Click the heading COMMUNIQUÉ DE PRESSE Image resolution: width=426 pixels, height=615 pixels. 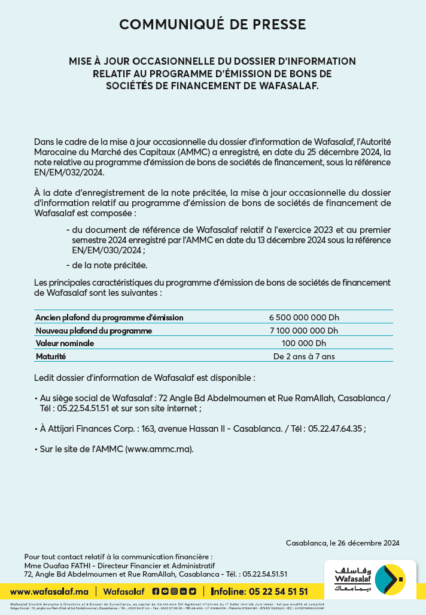point(212,25)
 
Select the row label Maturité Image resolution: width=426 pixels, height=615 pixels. point(51,356)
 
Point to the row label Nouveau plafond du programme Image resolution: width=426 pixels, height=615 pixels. point(93,331)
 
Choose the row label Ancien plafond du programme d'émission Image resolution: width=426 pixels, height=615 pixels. point(109,317)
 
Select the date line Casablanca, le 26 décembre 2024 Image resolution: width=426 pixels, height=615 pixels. point(342,543)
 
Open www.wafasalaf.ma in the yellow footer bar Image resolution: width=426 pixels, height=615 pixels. point(49,592)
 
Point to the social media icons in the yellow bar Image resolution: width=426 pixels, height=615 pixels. point(174,592)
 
